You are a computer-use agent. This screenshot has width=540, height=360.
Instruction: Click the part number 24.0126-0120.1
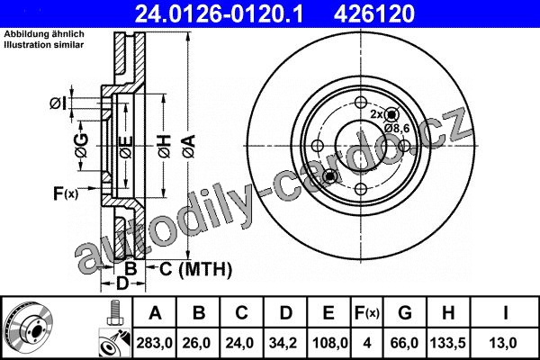[x=219, y=13]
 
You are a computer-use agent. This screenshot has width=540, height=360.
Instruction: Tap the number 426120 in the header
[x=374, y=13]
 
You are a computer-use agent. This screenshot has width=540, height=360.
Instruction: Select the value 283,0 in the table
[x=154, y=343]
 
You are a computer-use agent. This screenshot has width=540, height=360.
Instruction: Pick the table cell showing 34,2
[x=285, y=343]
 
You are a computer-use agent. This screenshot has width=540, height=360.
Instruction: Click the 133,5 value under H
[x=448, y=343]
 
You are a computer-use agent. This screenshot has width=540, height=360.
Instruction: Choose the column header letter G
[x=405, y=313]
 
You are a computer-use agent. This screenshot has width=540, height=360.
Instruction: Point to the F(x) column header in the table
[x=367, y=313]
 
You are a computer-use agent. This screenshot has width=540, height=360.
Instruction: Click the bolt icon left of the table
[x=113, y=312]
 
